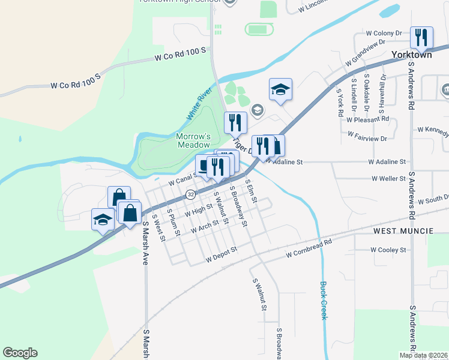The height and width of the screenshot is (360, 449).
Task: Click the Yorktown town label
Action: [411, 53]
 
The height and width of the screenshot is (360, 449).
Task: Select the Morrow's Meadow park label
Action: [193, 140]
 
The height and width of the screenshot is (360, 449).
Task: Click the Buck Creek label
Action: [324, 300]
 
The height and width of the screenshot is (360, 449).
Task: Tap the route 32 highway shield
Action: [190, 194]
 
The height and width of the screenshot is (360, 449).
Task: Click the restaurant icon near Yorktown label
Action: [421, 37]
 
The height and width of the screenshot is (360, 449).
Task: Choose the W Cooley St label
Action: [388, 250]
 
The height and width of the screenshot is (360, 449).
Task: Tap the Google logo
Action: [20, 353]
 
